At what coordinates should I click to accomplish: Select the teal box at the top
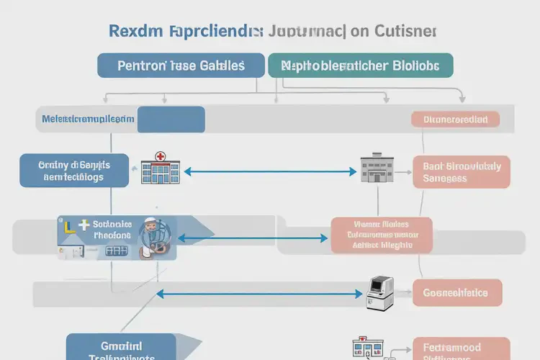click(360, 66)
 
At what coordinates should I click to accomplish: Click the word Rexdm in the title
click(134, 32)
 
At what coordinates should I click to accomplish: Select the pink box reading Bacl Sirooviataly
click(462, 172)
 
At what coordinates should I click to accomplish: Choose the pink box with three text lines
click(381, 235)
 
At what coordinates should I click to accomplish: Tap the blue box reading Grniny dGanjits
click(74, 171)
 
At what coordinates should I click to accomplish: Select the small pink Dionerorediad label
click(455, 120)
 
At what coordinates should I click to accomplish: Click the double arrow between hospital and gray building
click(270, 172)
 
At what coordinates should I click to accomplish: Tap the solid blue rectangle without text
click(171, 120)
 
